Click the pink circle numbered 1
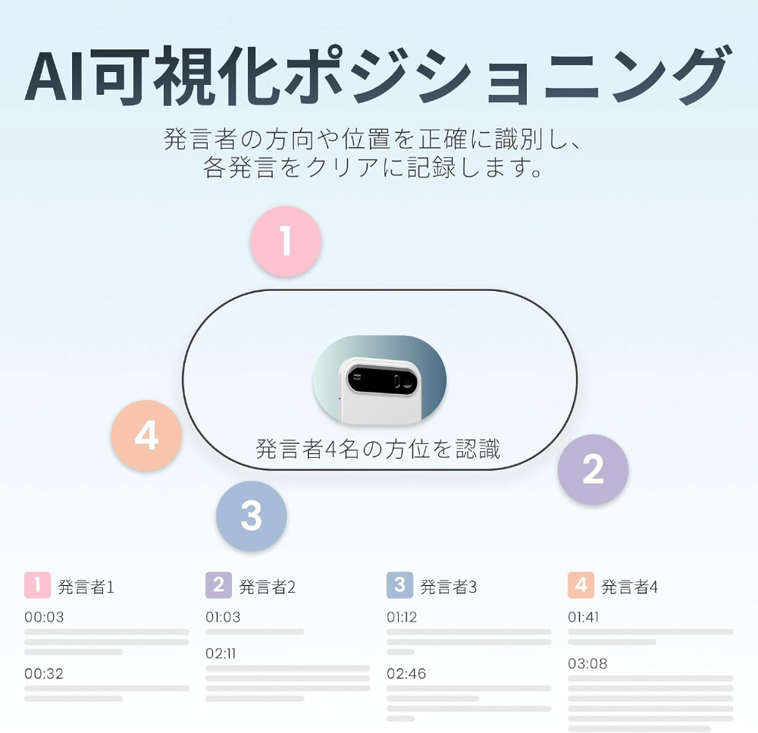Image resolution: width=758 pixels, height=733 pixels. (287, 241)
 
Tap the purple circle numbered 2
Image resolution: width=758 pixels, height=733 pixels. (594, 469)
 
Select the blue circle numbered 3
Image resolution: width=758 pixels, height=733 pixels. (252, 516)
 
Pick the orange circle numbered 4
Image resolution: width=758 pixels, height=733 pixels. (146, 435)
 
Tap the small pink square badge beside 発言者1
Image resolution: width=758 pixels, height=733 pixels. (37, 585)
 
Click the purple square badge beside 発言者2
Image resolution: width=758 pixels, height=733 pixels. (218, 585)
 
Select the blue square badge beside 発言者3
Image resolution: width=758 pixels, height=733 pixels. (399, 585)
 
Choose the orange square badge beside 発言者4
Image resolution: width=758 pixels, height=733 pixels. (581, 585)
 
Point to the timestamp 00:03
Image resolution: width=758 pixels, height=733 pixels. (44, 617)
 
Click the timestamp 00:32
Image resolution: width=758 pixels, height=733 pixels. (44, 674)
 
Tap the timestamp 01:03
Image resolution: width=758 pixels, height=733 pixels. (223, 617)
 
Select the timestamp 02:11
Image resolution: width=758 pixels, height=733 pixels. (221, 653)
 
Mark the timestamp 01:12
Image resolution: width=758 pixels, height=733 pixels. (402, 617)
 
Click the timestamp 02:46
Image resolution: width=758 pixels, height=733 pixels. (406, 674)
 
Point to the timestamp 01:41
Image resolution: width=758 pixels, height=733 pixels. (584, 617)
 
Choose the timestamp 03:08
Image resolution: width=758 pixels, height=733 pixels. (588, 663)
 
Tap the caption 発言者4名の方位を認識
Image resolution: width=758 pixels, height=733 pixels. (378, 449)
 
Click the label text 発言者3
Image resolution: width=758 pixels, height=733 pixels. (449, 587)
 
